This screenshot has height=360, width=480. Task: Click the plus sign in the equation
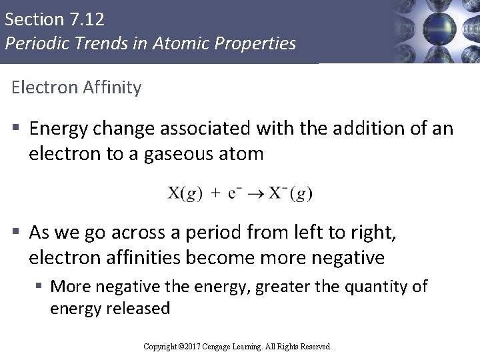click(217, 194)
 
